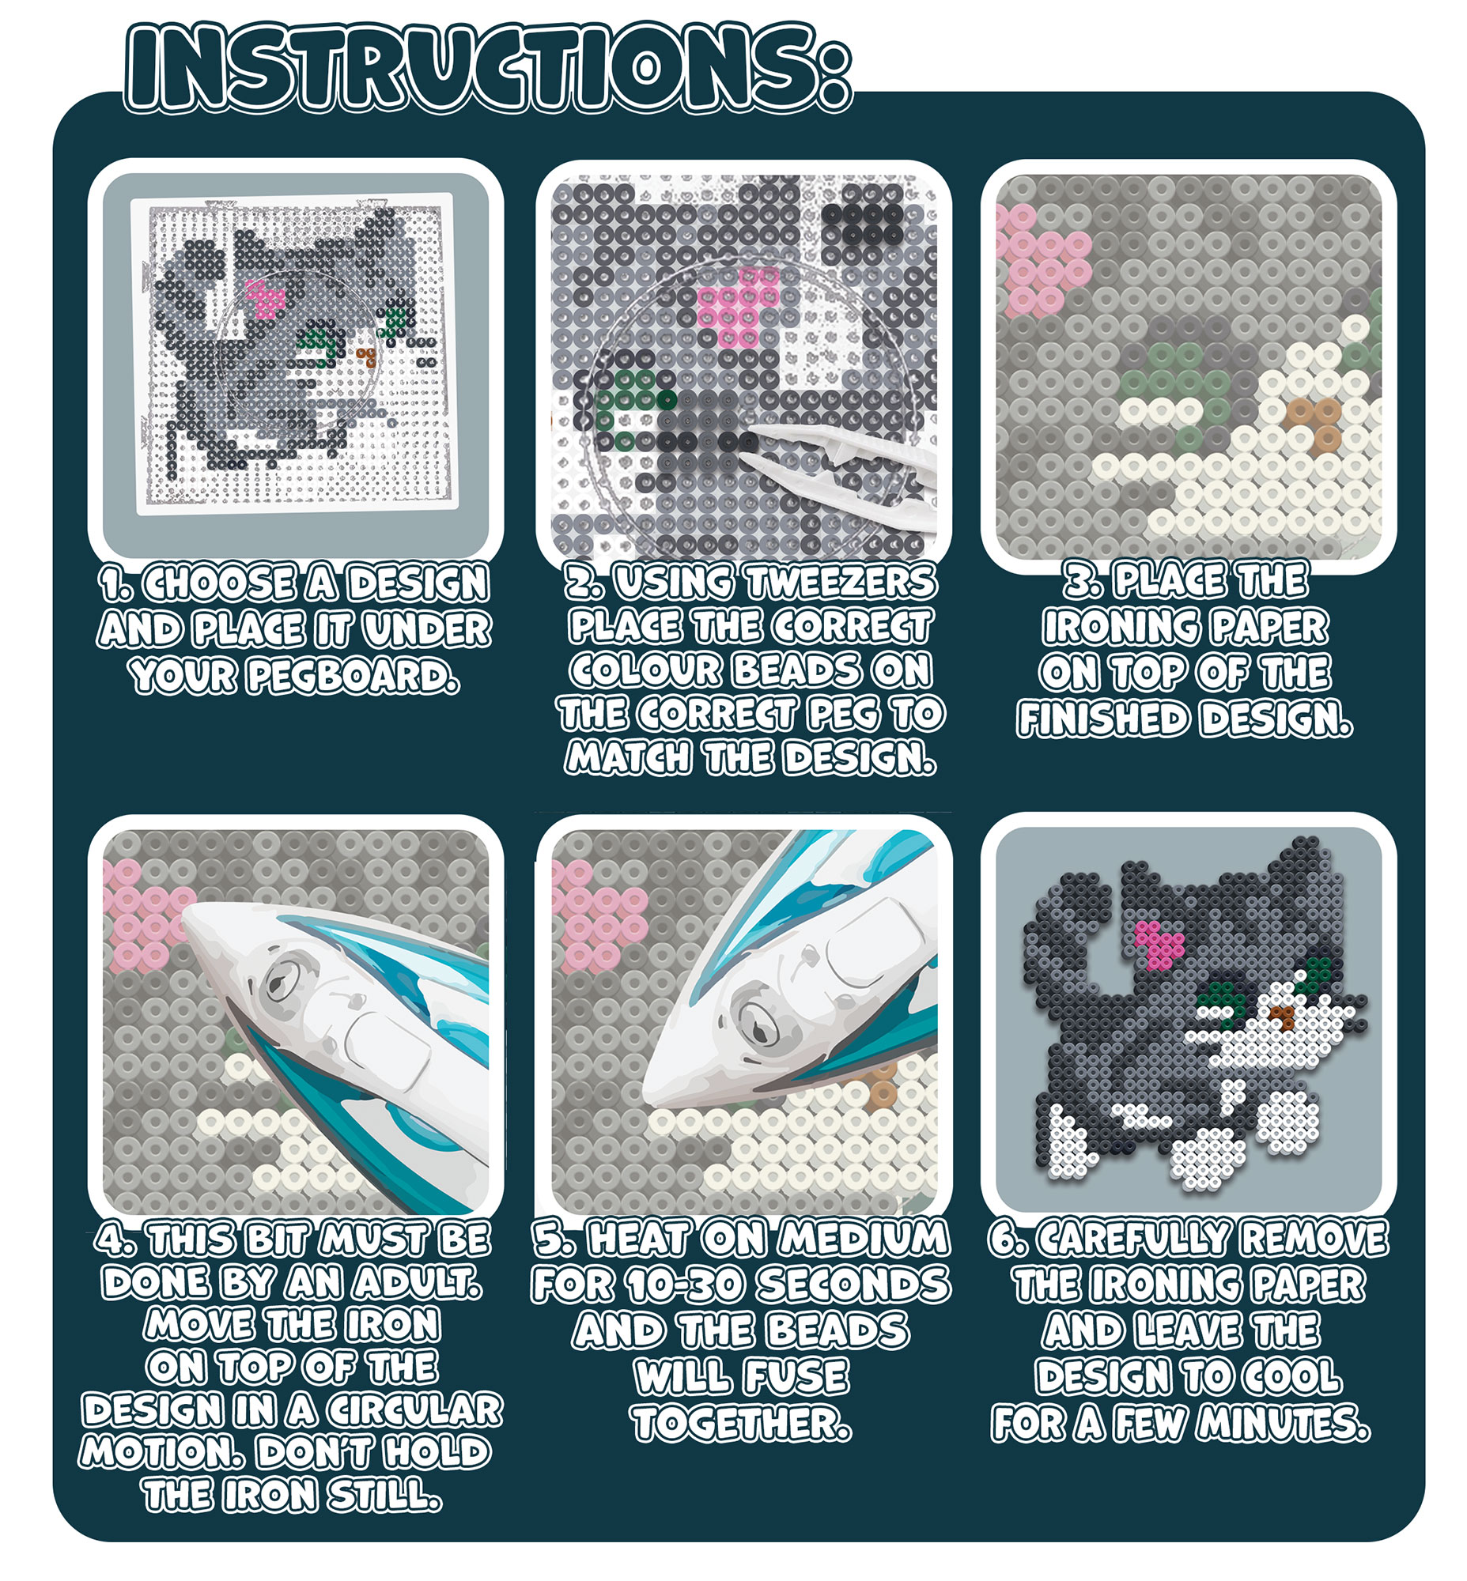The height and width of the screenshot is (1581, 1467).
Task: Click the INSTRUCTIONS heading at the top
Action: [x=488, y=67]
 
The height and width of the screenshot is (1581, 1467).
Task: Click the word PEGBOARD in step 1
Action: [x=353, y=676]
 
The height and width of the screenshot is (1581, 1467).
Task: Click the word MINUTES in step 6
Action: [x=1284, y=1423]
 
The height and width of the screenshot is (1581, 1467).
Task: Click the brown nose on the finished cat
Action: [x=1279, y=1017]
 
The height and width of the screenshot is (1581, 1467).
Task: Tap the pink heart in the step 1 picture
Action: [x=265, y=298]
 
